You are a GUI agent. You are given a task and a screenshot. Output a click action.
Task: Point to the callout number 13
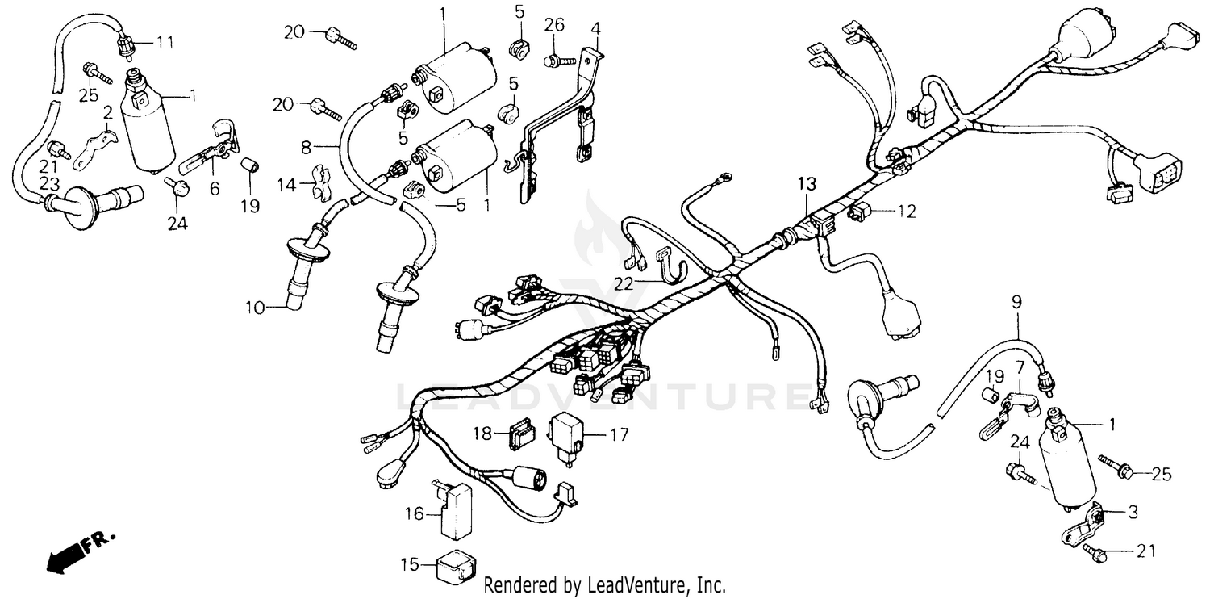pos(808,184)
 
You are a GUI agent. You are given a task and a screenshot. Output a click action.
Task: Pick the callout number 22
pos(624,283)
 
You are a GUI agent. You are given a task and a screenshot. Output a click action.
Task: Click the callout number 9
pos(1016,304)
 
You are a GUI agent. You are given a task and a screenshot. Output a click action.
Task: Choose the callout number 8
pos(306,148)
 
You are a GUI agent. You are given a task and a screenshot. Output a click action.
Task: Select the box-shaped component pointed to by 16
pos(454,506)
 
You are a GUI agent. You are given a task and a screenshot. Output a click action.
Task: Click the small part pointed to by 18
pos(520,434)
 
